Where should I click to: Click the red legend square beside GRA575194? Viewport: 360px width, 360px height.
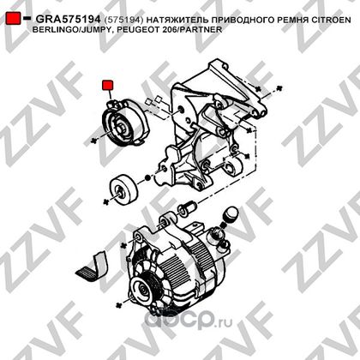click(x=13, y=18)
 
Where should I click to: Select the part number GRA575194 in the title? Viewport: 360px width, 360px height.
click(x=68, y=19)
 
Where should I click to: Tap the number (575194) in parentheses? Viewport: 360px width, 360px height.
click(x=124, y=20)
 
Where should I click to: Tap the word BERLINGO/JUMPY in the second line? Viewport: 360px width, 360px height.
click(x=70, y=29)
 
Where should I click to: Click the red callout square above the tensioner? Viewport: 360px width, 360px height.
click(x=108, y=85)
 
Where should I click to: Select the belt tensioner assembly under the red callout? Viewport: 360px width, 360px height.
click(x=125, y=122)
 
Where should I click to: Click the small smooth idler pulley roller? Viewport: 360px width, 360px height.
click(x=123, y=188)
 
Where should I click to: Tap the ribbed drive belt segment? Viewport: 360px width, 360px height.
click(x=93, y=267)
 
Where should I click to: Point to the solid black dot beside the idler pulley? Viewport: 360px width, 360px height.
click(x=147, y=178)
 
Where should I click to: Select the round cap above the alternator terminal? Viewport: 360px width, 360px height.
click(x=231, y=213)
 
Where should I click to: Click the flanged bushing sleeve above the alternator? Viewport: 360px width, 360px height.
click(x=186, y=207)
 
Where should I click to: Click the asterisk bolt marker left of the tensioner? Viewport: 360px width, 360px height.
click(x=93, y=141)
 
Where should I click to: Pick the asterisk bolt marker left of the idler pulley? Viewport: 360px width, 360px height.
click(x=106, y=201)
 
